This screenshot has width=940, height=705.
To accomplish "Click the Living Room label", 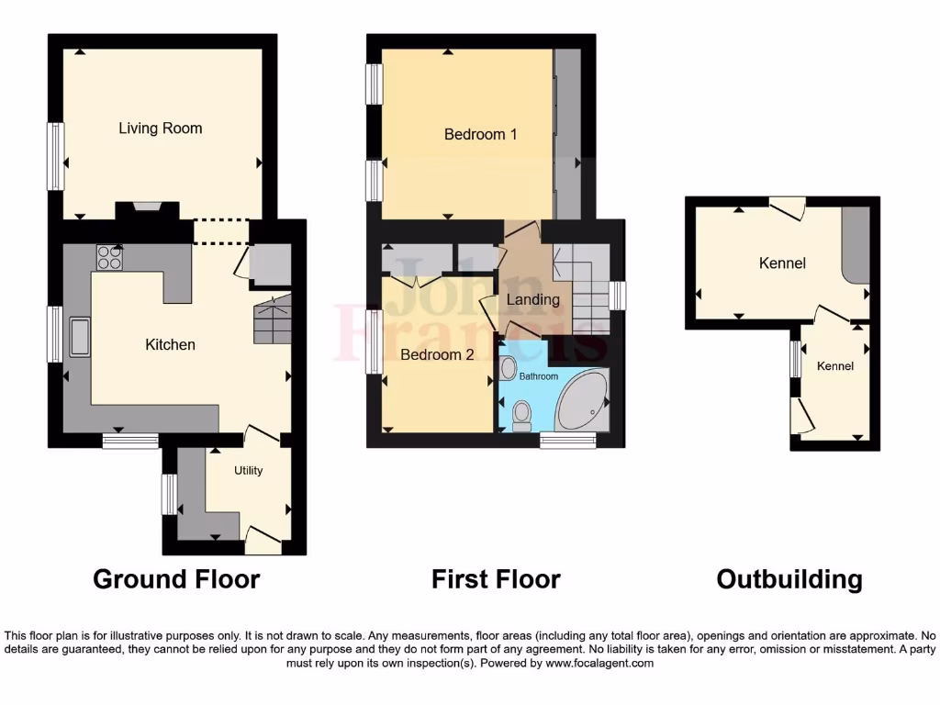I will click(160, 129).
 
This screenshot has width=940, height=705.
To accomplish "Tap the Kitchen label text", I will click(170, 345).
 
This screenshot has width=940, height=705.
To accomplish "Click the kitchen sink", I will click(77, 336).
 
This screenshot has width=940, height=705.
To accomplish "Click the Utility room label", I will click(248, 471).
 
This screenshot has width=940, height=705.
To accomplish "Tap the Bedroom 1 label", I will click(480, 135).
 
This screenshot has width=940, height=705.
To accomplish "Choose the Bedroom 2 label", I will click(436, 354).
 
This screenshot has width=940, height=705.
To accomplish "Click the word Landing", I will click(533, 300).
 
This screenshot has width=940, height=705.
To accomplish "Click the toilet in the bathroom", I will click(522, 415).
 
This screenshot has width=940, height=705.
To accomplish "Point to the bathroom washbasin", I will click(509, 369).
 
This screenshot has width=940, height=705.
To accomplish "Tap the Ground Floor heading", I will click(176, 579).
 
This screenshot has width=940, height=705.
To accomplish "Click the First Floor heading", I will click(496, 579).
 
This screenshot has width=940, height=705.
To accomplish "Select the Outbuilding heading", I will click(789, 579).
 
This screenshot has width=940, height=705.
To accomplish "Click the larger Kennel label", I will click(782, 263).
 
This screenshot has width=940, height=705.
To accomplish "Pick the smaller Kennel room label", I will click(835, 366).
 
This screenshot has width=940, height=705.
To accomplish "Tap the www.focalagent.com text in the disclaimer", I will click(599, 663).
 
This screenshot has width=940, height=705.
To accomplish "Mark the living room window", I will click(57, 156).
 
